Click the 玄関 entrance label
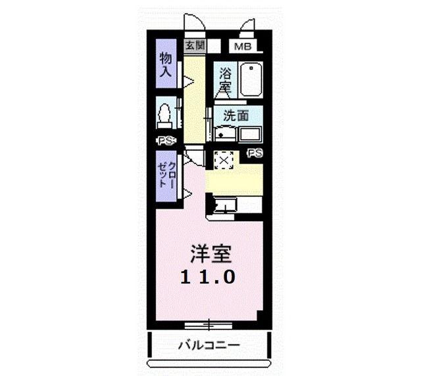pos(195,46)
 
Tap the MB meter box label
pos(243,47)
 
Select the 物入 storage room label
pos(165,64)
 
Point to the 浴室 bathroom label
pos(225,79)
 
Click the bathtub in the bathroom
pos(251,79)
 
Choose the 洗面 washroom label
pos(236,115)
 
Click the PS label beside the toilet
pos(166,140)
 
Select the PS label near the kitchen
pos(255,153)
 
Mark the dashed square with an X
pos(224,160)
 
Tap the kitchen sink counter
pos(234,205)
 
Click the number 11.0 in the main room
pos(208,276)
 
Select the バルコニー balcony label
pos(209,345)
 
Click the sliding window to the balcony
pos(209,325)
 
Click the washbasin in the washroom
pos(225,133)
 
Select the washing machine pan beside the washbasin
pos(250,134)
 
